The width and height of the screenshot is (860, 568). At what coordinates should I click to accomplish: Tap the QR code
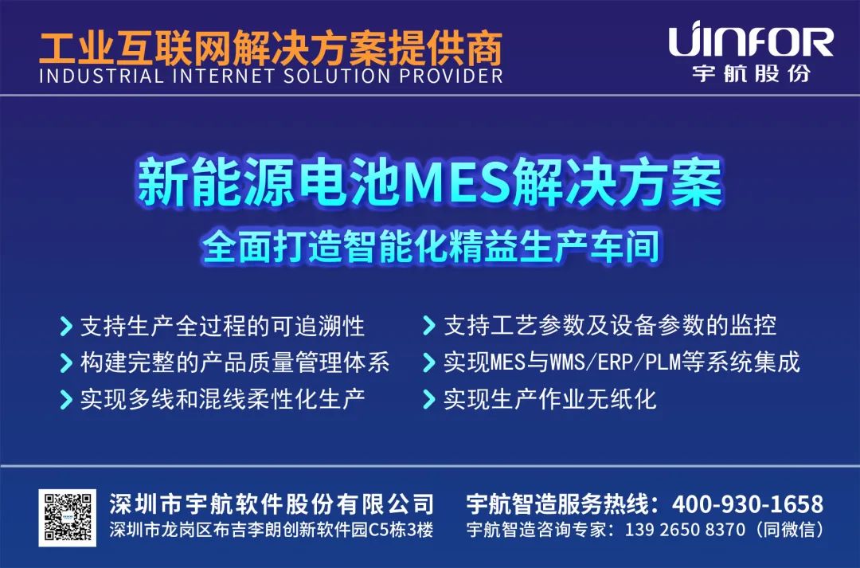pyautogui.click(x=68, y=518)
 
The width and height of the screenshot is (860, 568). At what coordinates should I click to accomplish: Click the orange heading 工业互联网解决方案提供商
pyautogui.click(x=271, y=49)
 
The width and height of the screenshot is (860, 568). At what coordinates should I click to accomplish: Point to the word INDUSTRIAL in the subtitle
pyautogui.click(x=101, y=76)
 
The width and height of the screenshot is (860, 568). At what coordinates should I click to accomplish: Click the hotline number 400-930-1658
pyautogui.click(x=748, y=503)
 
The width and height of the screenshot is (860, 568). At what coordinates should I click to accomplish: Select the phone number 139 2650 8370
pyautogui.click(x=685, y=530)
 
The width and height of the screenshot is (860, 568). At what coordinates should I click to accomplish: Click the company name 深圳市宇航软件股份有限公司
pyautogui.click(x=272, y=503)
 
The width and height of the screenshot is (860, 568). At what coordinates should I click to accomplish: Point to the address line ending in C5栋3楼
pyautogui.click(x=271, y=530)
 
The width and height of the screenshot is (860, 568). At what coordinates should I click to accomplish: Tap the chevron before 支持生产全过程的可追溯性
pyautogui.click(x=66, y=326)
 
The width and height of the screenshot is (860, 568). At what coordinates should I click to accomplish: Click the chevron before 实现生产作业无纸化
pyautogui.click(x=429, y=399)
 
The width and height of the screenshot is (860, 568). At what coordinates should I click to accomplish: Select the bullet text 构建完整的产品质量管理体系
pyautogui.click(x=235, y=362)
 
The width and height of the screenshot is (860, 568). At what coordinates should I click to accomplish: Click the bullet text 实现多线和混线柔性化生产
pyautogui.click(x=223, y=399)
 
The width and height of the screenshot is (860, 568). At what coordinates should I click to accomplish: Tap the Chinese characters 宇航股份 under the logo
pyautogui.click(x=751, y=73)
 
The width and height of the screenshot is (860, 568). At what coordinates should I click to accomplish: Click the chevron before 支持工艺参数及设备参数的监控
pyautogui.click(x=429, y=326)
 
